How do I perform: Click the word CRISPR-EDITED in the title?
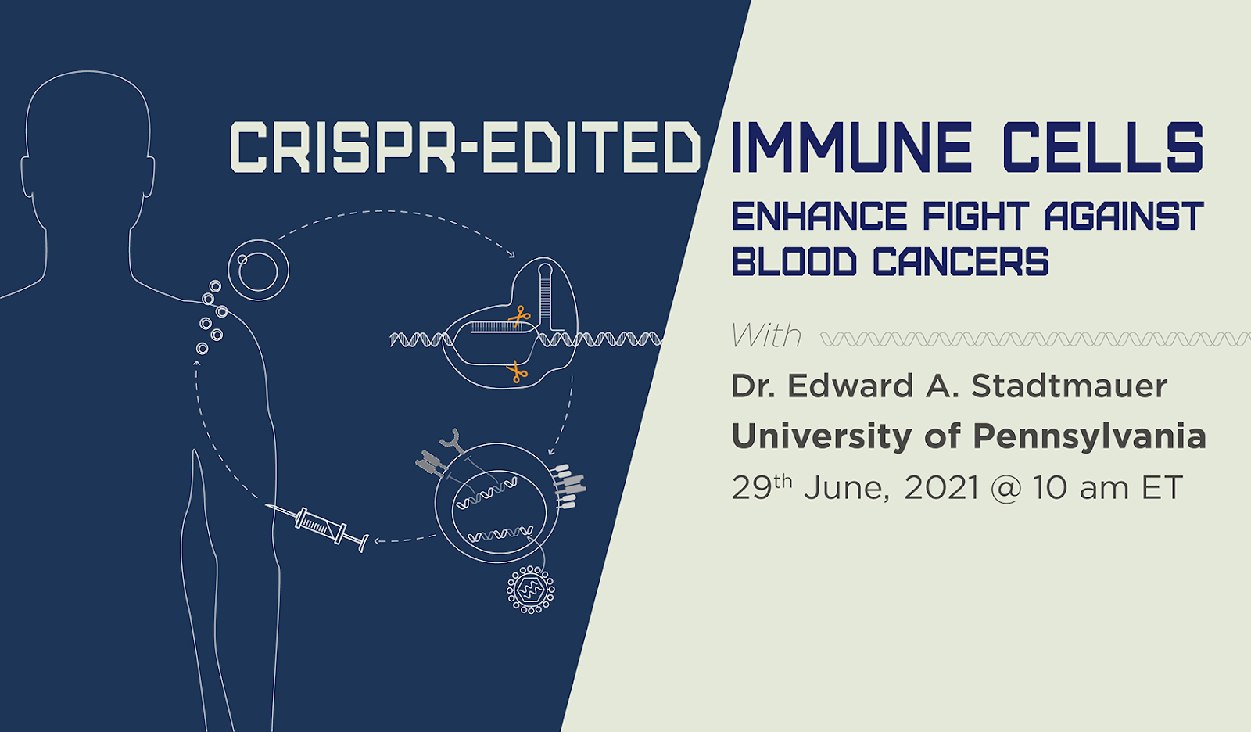[x=465, y=147]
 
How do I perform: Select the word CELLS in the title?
[x=1103, y=147]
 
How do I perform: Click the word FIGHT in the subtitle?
[x=975, y=217]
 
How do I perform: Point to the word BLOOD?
[x=794, y=261]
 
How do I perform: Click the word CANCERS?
[x=961, y=261]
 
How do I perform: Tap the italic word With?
[x=766, y=335]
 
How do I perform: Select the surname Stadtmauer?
[x=1069, y=386]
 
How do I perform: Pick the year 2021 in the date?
[x=941, y=488]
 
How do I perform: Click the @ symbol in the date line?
[x=1005, y=489]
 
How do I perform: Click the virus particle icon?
[x=531, y=590]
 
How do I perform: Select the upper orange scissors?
[x=519, y=317]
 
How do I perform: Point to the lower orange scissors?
[x=517, y=371]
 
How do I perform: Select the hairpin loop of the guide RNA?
[x=546, y=271]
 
